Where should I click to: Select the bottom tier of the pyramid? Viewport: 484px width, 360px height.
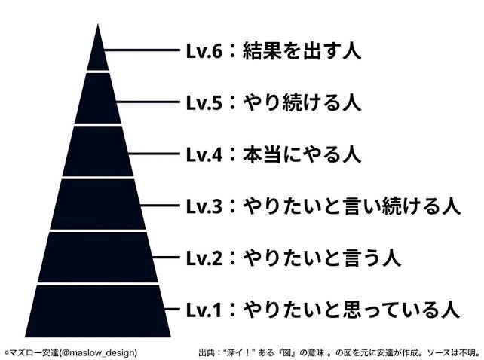tap(98, 311)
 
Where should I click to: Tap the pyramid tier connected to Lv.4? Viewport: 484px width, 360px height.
tap(98, 151)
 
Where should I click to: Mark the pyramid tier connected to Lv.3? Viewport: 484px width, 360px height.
tap(98, 204)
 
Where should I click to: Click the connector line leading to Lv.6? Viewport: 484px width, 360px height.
tap(142, 50)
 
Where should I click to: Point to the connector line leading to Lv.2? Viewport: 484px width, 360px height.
tap(166, 257)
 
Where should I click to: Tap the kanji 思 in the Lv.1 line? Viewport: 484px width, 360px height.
tap(352, 310)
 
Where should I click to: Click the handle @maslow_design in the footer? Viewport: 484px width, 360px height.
tap(97, 352)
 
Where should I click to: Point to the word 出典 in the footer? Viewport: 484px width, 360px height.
tap(207, 352)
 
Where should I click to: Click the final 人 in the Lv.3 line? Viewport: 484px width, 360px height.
tap(452, 206)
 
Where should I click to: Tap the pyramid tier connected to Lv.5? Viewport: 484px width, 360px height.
tap(98, 99)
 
